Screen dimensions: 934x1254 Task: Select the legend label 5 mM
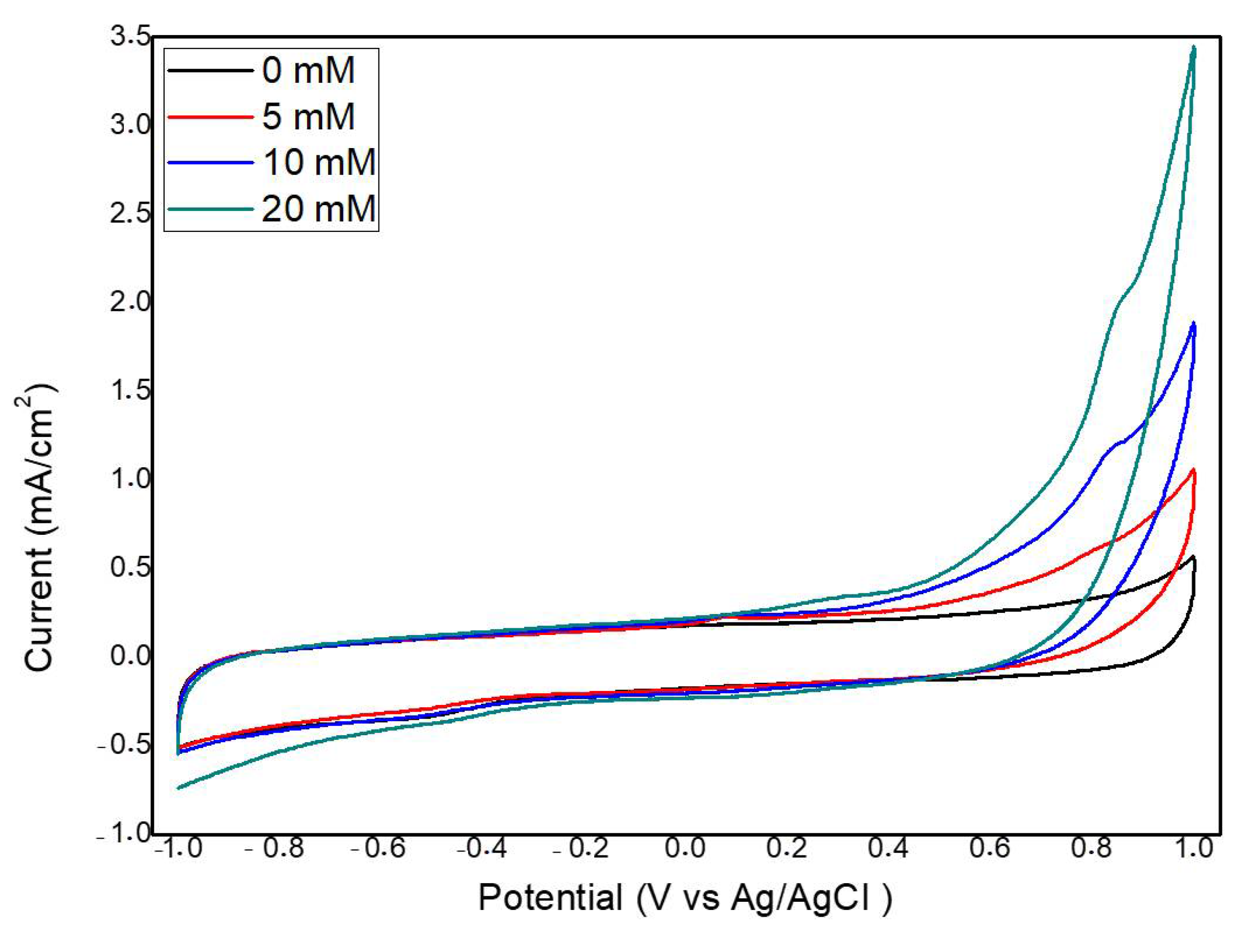tap(308, 116)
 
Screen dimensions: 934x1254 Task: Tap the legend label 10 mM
tap(319, 162)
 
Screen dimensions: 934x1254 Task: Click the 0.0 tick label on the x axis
tap(685, 848)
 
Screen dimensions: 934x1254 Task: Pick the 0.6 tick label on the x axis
tap(989, 848)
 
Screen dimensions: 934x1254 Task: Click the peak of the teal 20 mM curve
tap(1194, 47)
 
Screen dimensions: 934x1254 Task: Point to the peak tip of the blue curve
tap(1194, 323)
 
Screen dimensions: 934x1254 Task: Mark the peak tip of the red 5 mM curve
tap(1194, 469)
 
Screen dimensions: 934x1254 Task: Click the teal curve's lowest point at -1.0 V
tap(179, 787)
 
